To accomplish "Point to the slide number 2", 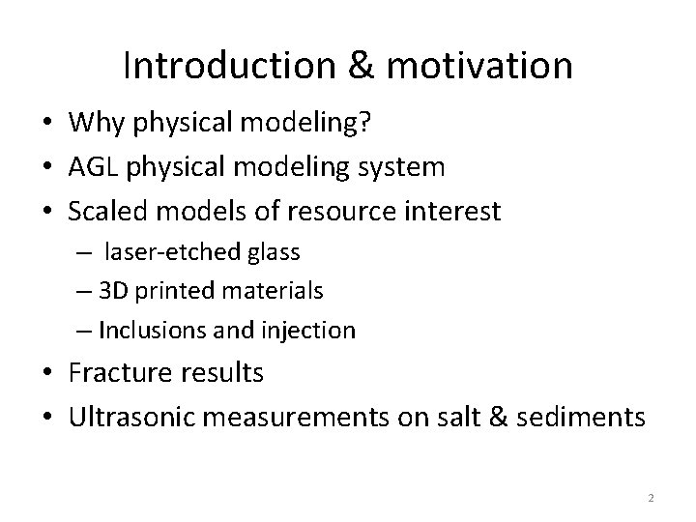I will point(651,498).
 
